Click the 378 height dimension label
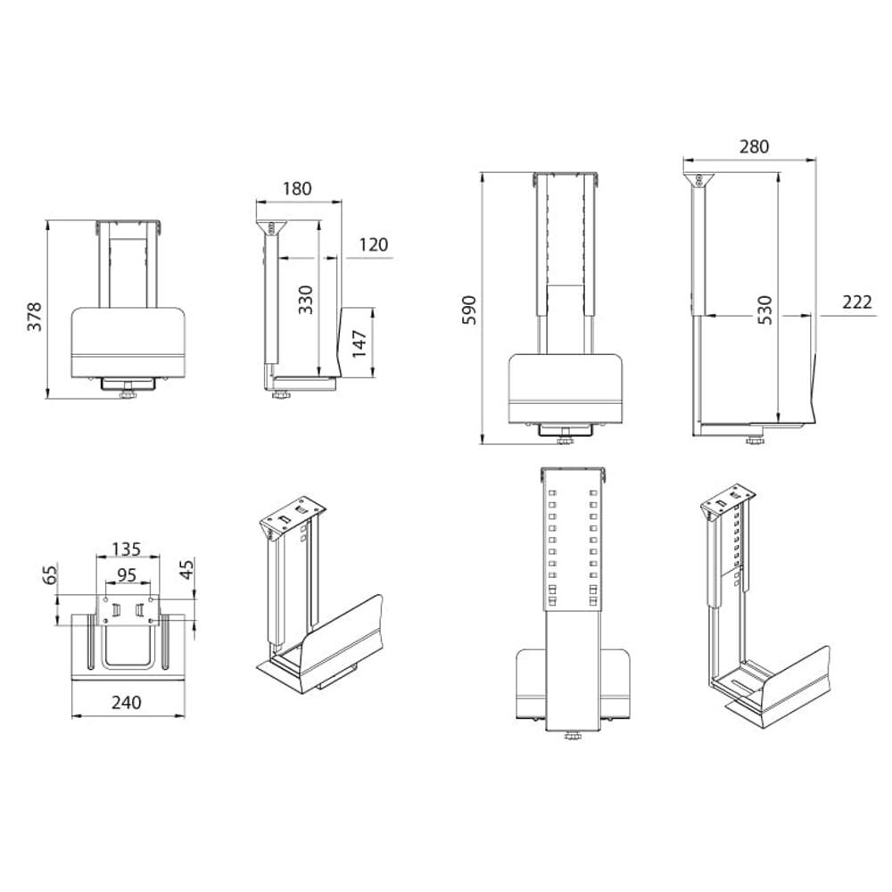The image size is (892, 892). [35, 317]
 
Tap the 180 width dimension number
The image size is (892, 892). [297, 188]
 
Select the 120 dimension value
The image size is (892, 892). [373, 244]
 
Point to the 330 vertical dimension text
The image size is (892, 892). [306, 300]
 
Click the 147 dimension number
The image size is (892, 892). [359, 343]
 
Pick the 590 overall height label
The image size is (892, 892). [469, 310]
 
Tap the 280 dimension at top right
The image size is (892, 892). [755, 146]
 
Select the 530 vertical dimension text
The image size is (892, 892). [766, 310]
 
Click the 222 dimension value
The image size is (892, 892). [857, 301]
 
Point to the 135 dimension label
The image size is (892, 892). [127, 549]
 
